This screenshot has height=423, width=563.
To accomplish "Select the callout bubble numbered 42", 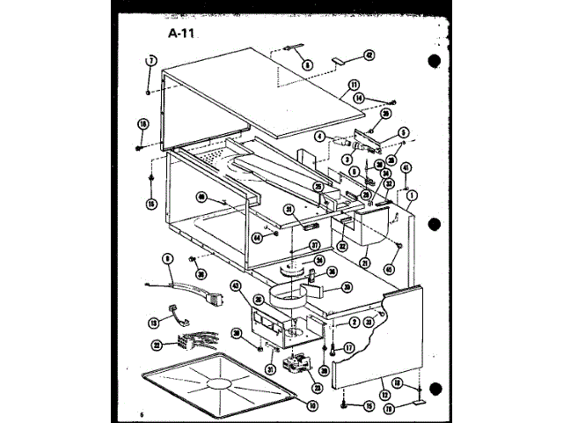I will pos(369,55).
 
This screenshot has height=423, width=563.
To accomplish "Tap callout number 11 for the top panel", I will pos(354,85).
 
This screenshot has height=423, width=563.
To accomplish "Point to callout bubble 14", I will pos(358,99).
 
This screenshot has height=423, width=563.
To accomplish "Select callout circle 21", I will pos(364,262).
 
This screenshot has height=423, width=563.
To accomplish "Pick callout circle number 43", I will pos(236,286).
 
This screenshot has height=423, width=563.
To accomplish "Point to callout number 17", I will pos(348,347).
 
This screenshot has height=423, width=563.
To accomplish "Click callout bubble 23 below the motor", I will pos(317,388).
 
